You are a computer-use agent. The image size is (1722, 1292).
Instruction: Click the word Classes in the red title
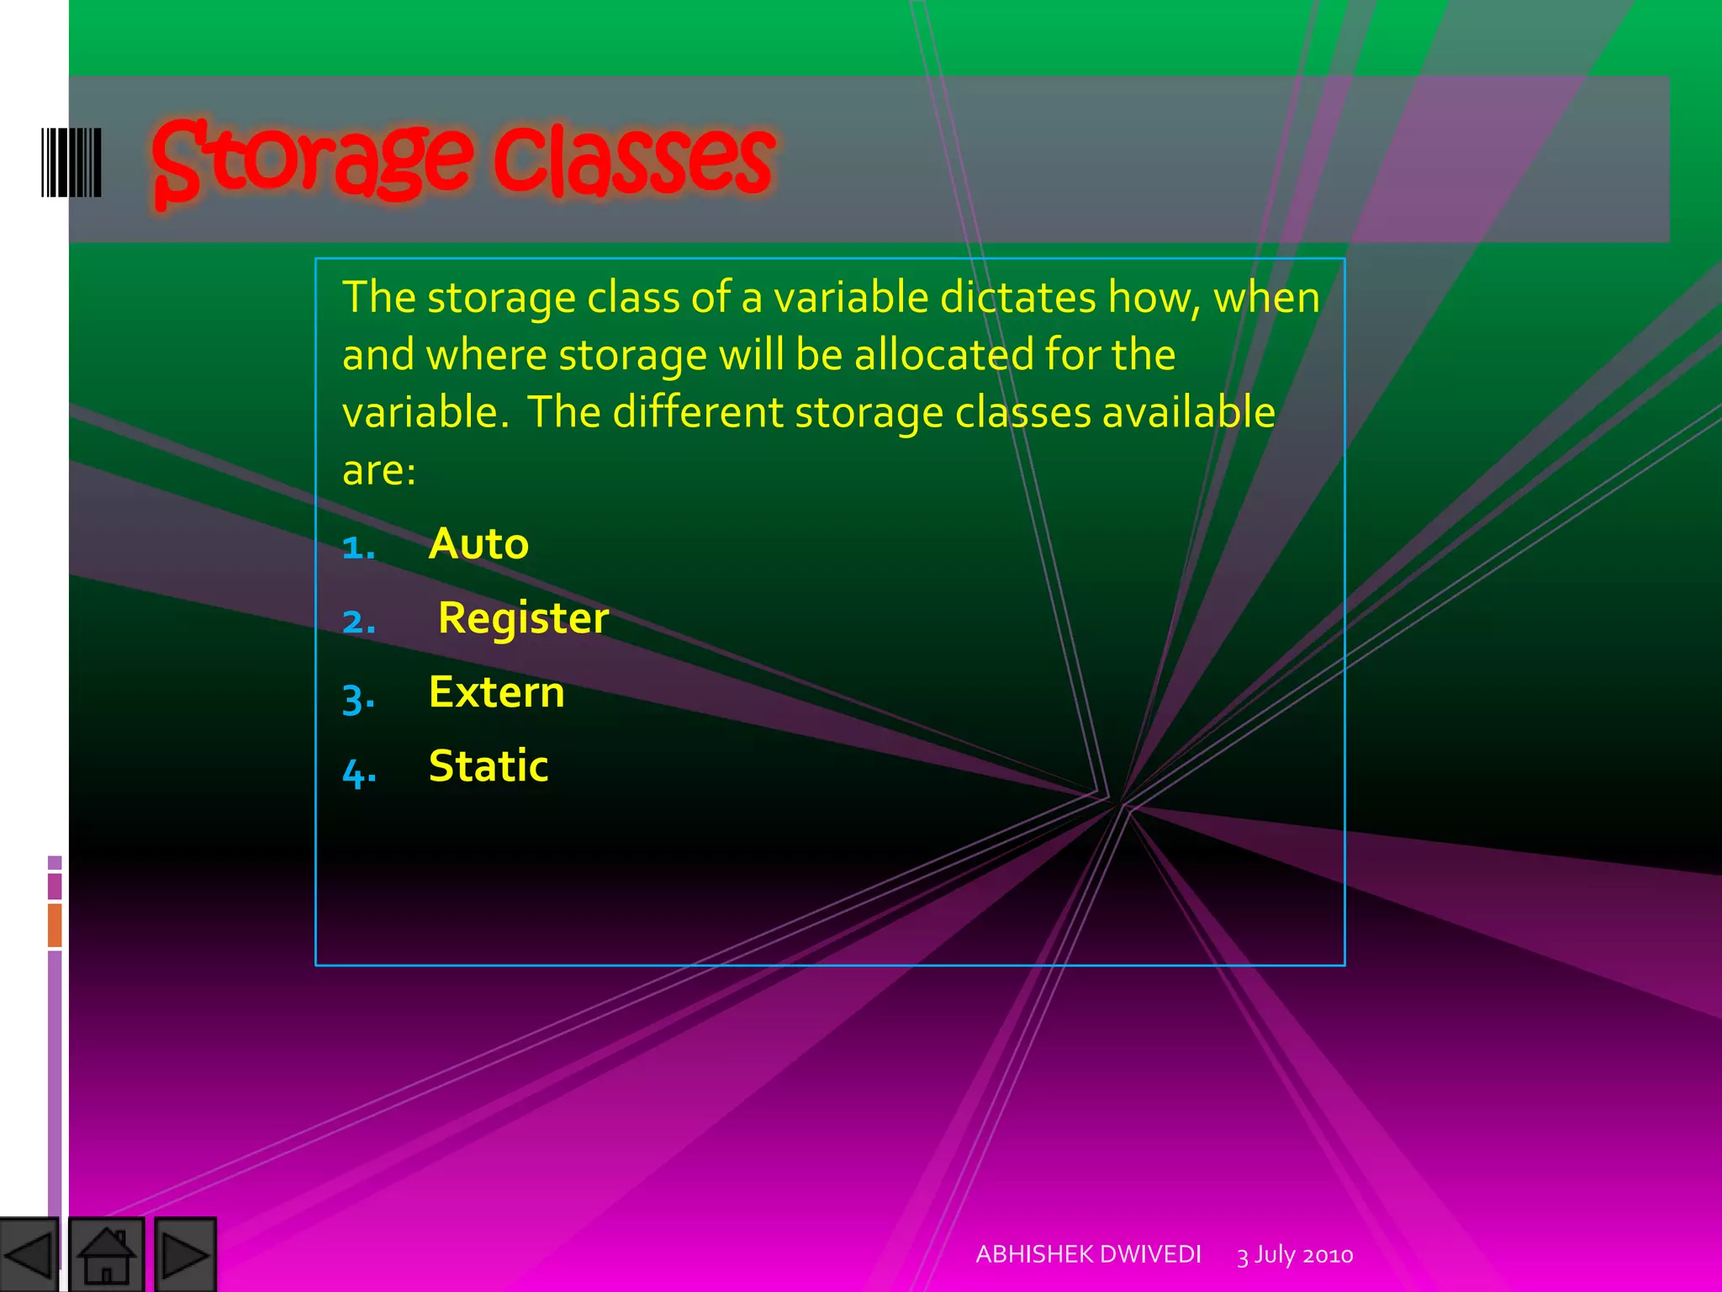point(632,160)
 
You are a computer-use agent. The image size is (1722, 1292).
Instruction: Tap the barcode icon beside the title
point(71,162)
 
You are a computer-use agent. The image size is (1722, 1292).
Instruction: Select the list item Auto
point(478,544)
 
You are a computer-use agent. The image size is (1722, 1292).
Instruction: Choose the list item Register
point(523,618)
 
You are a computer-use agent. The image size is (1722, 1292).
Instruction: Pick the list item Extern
point(496,692)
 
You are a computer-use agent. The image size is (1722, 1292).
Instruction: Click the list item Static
point(489,766)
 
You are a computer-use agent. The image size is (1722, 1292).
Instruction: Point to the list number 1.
point(358,548)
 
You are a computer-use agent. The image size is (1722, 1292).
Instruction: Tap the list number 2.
point(358,622)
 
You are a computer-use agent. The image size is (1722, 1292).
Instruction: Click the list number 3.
point(358,698)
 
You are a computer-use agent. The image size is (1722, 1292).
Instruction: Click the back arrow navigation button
point(29,1255)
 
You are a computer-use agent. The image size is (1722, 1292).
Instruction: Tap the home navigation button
point(106,1255)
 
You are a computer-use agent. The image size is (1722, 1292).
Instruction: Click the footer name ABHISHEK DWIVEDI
point(1088,1254)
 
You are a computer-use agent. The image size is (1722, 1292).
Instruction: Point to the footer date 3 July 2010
point(1295,1255)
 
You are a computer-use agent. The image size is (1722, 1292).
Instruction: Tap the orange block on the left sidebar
point(55,924)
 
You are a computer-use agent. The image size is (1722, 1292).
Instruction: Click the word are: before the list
point(378,470)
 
